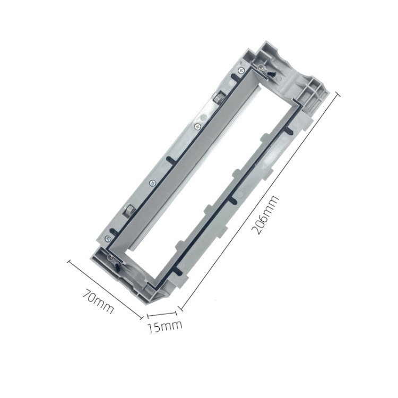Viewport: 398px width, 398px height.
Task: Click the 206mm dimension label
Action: pos(264,215)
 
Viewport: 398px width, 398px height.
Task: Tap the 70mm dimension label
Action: pos(98,301)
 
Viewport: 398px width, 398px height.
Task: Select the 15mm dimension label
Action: pos(165,327)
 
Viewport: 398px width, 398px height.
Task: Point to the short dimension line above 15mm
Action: pos(162,314)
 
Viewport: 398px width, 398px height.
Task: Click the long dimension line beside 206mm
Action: pos(259,202)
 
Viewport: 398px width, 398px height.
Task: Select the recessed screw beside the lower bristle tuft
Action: pos(110,257)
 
